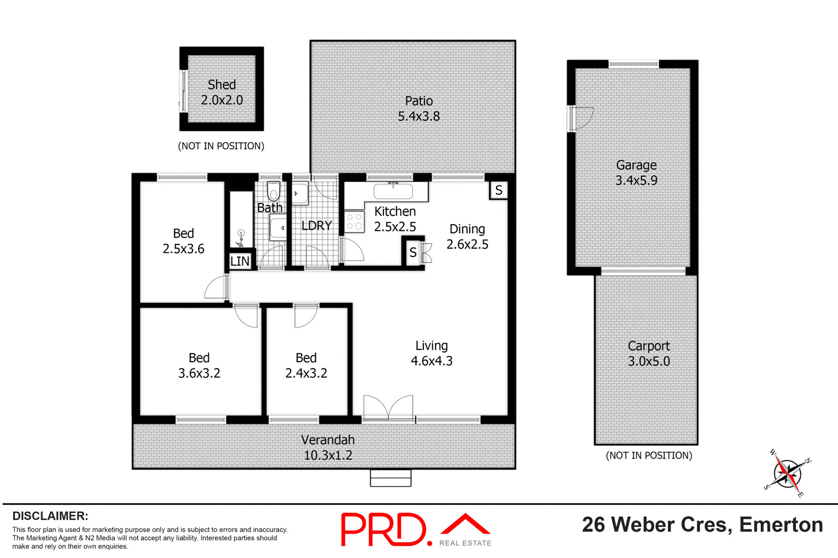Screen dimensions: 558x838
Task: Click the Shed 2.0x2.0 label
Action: click(x=222, y=92)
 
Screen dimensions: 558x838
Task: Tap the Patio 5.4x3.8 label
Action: click(x=419, y=109)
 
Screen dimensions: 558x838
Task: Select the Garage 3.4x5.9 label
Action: click(x=636, y=173)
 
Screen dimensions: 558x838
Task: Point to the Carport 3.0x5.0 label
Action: click(x=649, y=354)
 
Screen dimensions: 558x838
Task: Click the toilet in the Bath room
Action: click(x=273, y=191)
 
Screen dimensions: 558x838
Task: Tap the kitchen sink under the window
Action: click(x=393, y=191)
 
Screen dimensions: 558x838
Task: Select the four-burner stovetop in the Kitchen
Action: click(x=354, y=221)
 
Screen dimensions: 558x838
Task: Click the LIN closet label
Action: click(x=240, y=261)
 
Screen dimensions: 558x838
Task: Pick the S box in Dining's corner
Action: click(x=498, y=190)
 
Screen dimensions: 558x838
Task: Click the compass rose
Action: click(x=788, y=473)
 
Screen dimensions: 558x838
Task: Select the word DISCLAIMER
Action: click(x=50, y=516)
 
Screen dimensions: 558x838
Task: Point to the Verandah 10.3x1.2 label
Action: click(x=328, y=447)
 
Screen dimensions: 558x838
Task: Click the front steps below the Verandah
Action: click(x=391, y=478)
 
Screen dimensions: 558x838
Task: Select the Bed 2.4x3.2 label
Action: click(x=306, y=365)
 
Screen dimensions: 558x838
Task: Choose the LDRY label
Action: click(x=316, y=225)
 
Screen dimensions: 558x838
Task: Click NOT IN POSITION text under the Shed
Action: click(x=221, y=146)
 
